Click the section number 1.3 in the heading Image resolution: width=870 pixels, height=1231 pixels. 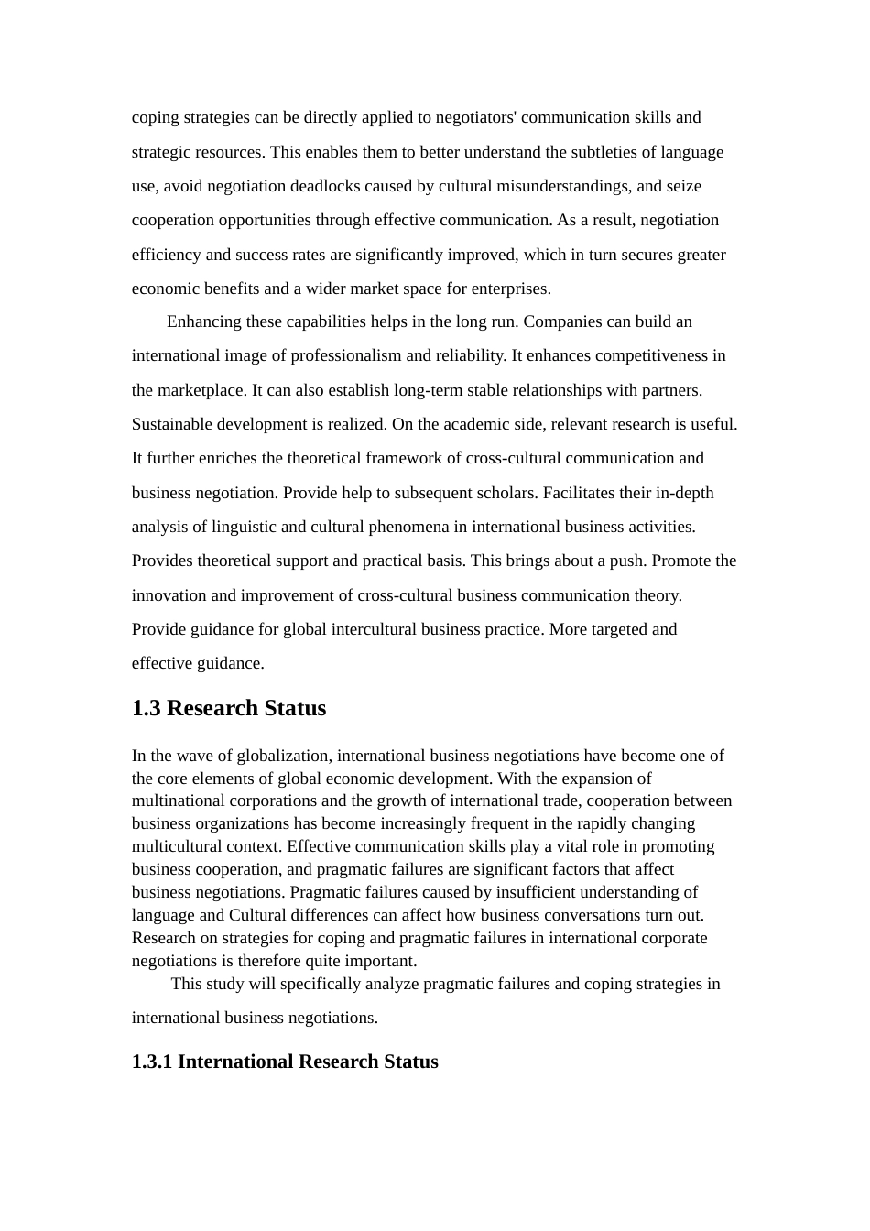[147, 708]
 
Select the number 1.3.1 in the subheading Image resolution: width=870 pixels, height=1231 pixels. [152, 1062]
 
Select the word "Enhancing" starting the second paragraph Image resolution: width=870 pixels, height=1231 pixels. [202, 321]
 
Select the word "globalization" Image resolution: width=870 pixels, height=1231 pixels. [284, 756]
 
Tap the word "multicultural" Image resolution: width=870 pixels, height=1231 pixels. [177, 846]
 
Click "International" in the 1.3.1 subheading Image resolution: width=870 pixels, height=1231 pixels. [237, 1062]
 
